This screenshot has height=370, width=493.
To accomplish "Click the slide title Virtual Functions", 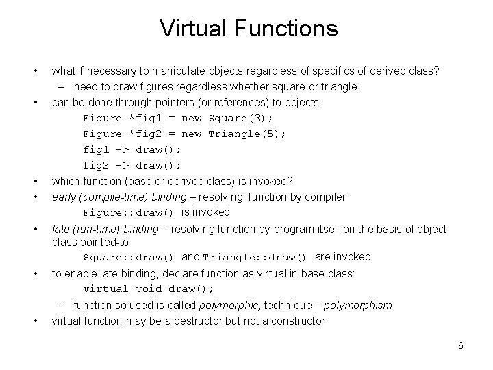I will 249,29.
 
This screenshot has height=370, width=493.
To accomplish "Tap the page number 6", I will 461,345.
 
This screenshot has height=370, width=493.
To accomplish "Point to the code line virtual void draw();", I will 149,288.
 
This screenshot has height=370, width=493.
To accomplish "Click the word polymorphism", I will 358,305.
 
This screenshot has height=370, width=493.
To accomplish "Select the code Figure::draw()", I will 128,213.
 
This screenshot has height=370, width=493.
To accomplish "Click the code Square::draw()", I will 128,258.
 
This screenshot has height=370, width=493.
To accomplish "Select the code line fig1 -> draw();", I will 132,149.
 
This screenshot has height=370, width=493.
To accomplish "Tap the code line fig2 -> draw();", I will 132,165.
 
